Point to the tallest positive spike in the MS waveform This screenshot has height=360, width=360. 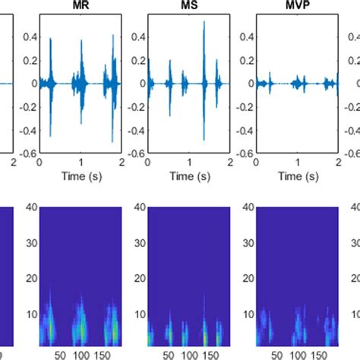tap(204, 23)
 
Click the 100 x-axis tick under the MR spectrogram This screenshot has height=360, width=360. tap(80, 354)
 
